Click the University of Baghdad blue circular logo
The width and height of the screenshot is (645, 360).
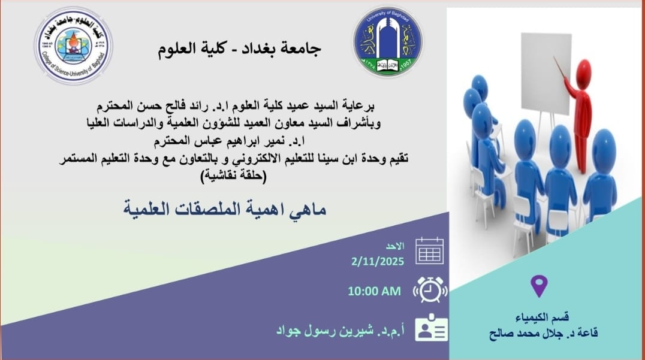click(388, 41)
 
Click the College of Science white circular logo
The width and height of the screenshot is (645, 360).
click(74, 45)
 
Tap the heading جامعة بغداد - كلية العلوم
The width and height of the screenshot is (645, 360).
click(239, 49)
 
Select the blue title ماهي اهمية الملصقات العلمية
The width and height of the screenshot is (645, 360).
click(225, 209)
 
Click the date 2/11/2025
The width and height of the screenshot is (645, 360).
click(378, 261)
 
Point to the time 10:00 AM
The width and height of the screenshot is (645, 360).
click(374, 291)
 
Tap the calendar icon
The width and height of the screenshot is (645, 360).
click(429, 251)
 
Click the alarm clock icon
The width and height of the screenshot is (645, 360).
click(430, 290)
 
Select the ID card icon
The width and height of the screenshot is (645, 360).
click(430, 328)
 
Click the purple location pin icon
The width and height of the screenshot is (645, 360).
click(539, 286)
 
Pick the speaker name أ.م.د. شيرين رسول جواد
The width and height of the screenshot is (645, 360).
click(340, 331)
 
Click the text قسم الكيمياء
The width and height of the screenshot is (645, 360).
click(542, 317)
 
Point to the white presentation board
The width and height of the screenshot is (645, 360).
click(546, 73)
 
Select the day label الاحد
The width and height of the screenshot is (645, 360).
click(395, 246)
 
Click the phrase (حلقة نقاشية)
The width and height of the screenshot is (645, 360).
click(234, 177)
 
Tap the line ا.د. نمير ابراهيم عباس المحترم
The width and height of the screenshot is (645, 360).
click(229, 141)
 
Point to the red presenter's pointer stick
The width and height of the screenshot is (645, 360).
click(561, 68)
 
